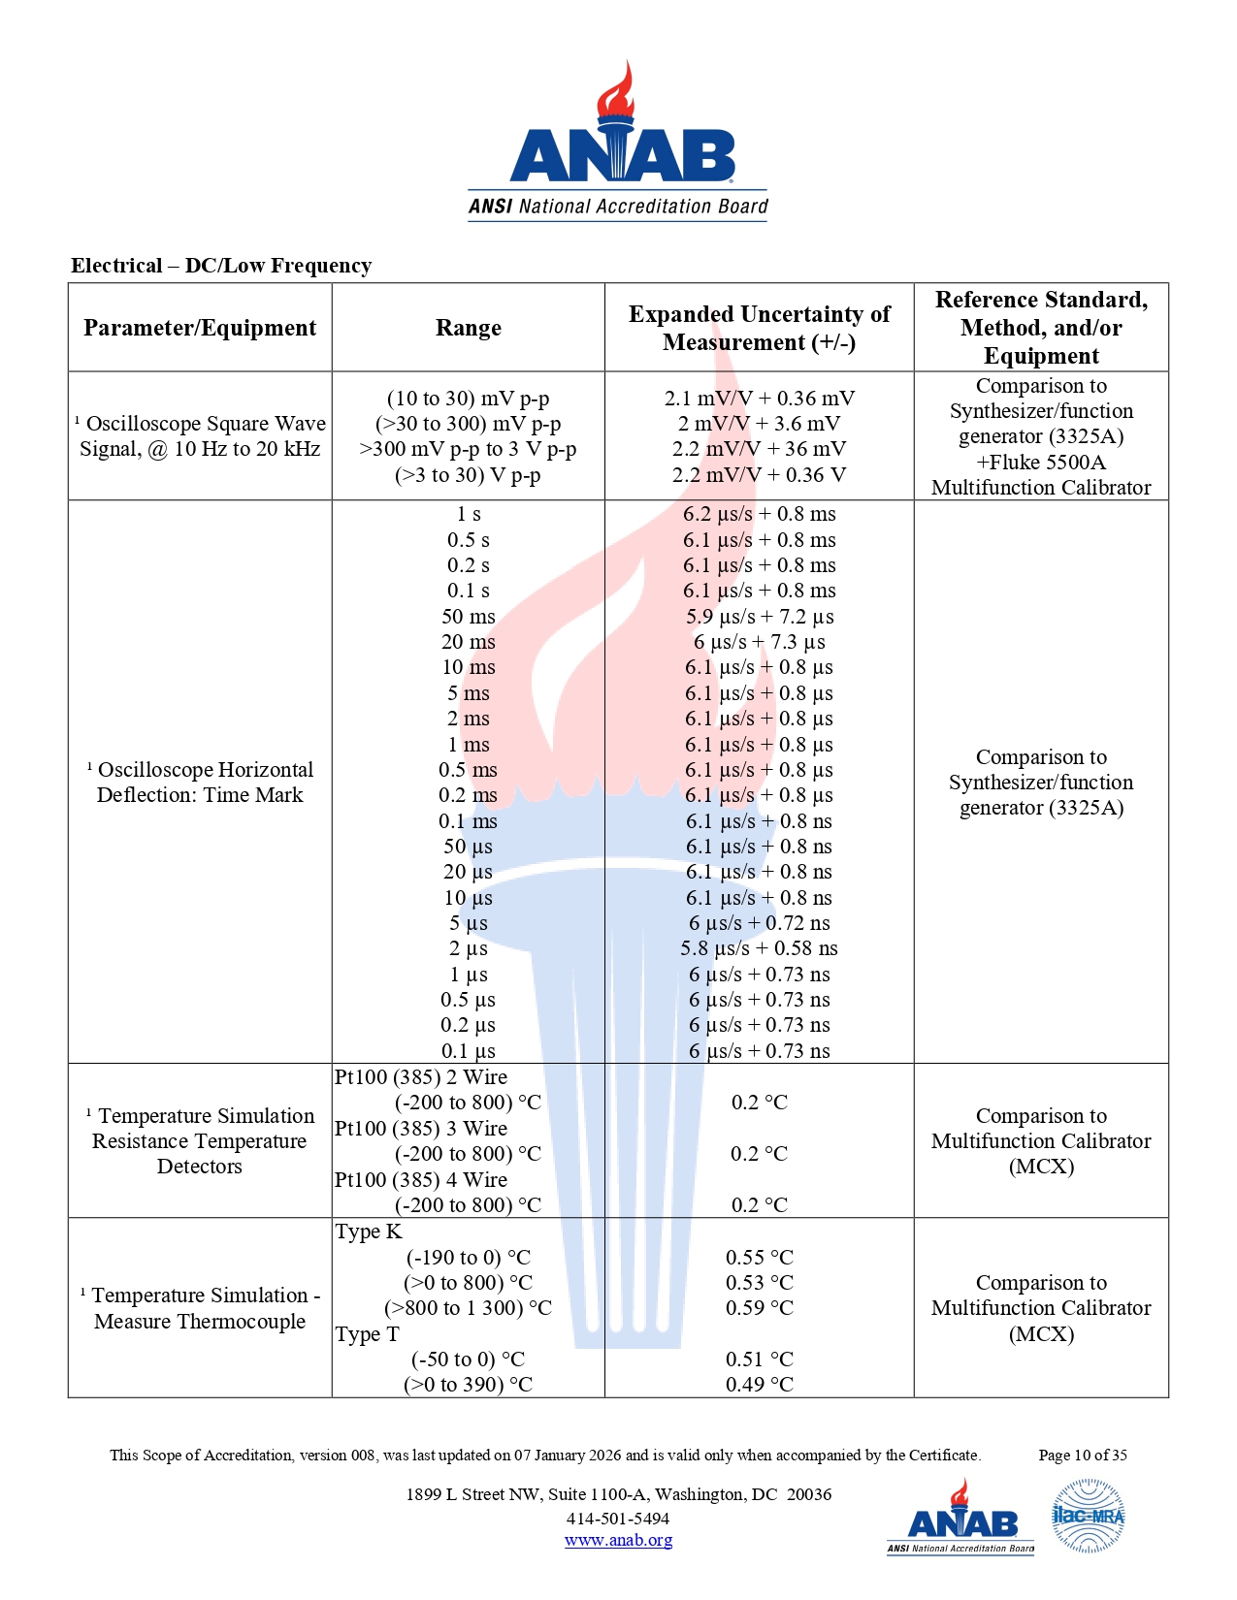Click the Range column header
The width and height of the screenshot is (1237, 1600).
pos(468,328)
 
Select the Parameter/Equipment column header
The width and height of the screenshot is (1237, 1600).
pos(200,328)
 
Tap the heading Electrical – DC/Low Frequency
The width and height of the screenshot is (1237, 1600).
pos(221,266)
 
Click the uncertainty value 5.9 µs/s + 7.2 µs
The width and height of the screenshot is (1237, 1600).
pos(759,617)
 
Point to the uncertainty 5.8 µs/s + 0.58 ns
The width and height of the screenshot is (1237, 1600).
pos(759,948)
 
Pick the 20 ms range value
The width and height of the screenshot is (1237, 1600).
pos(468,642)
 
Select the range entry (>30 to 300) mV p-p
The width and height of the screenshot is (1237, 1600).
pos(468,424)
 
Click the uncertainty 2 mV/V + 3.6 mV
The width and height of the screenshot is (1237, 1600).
pos(759,424)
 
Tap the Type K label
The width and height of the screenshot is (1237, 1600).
pos(368,1232)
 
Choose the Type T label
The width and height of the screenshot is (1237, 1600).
pos(367,1334)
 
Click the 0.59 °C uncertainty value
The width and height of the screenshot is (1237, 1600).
pos(759,1308)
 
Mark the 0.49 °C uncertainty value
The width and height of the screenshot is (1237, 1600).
pos(759,1385)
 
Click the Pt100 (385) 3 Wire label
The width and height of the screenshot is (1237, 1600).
pos(421,1129)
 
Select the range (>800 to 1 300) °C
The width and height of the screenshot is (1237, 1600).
pos(468,1308)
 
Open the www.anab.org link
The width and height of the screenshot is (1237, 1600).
pos(618,1540)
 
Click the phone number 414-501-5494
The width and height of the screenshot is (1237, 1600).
pos(618,1519)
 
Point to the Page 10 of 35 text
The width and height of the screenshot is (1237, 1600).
pos(1082,1456)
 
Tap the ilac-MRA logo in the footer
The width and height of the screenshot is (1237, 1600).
pos(1088,1516)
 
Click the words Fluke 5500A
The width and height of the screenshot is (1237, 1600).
pos(1047,463)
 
